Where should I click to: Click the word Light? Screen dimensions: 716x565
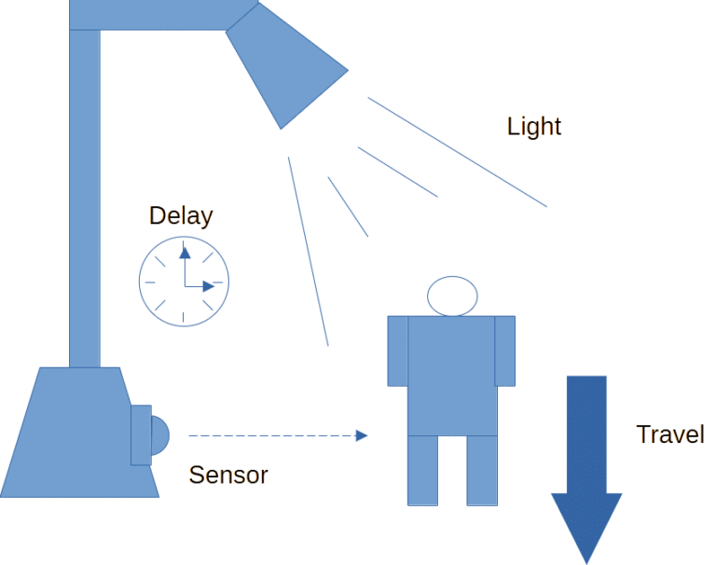[534, 127]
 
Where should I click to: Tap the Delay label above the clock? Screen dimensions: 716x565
[181, 215]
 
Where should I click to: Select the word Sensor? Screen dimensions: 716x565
[228, 475]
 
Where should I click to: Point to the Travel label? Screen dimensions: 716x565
[670, 434]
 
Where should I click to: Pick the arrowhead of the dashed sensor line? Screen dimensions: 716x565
[362, 435]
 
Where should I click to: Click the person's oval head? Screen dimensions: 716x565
[452, 296]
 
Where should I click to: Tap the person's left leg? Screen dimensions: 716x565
[422, 471]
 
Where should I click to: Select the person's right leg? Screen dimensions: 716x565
[482, 471]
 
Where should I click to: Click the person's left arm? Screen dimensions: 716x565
[398, 351]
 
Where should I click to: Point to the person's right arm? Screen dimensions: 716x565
[505, 351]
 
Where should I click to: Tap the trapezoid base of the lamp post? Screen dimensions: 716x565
[80, 433]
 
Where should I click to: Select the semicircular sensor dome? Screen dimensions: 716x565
[159, 435]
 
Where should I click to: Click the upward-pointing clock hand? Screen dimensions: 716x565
[185, 267]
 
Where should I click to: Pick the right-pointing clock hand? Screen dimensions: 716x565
[200, 286]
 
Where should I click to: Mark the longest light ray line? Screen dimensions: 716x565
[457, 152]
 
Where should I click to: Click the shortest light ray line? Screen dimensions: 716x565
[348, 207]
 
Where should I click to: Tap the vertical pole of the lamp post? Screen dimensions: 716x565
[85, 199]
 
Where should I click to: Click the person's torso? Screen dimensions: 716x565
[452, 376]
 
